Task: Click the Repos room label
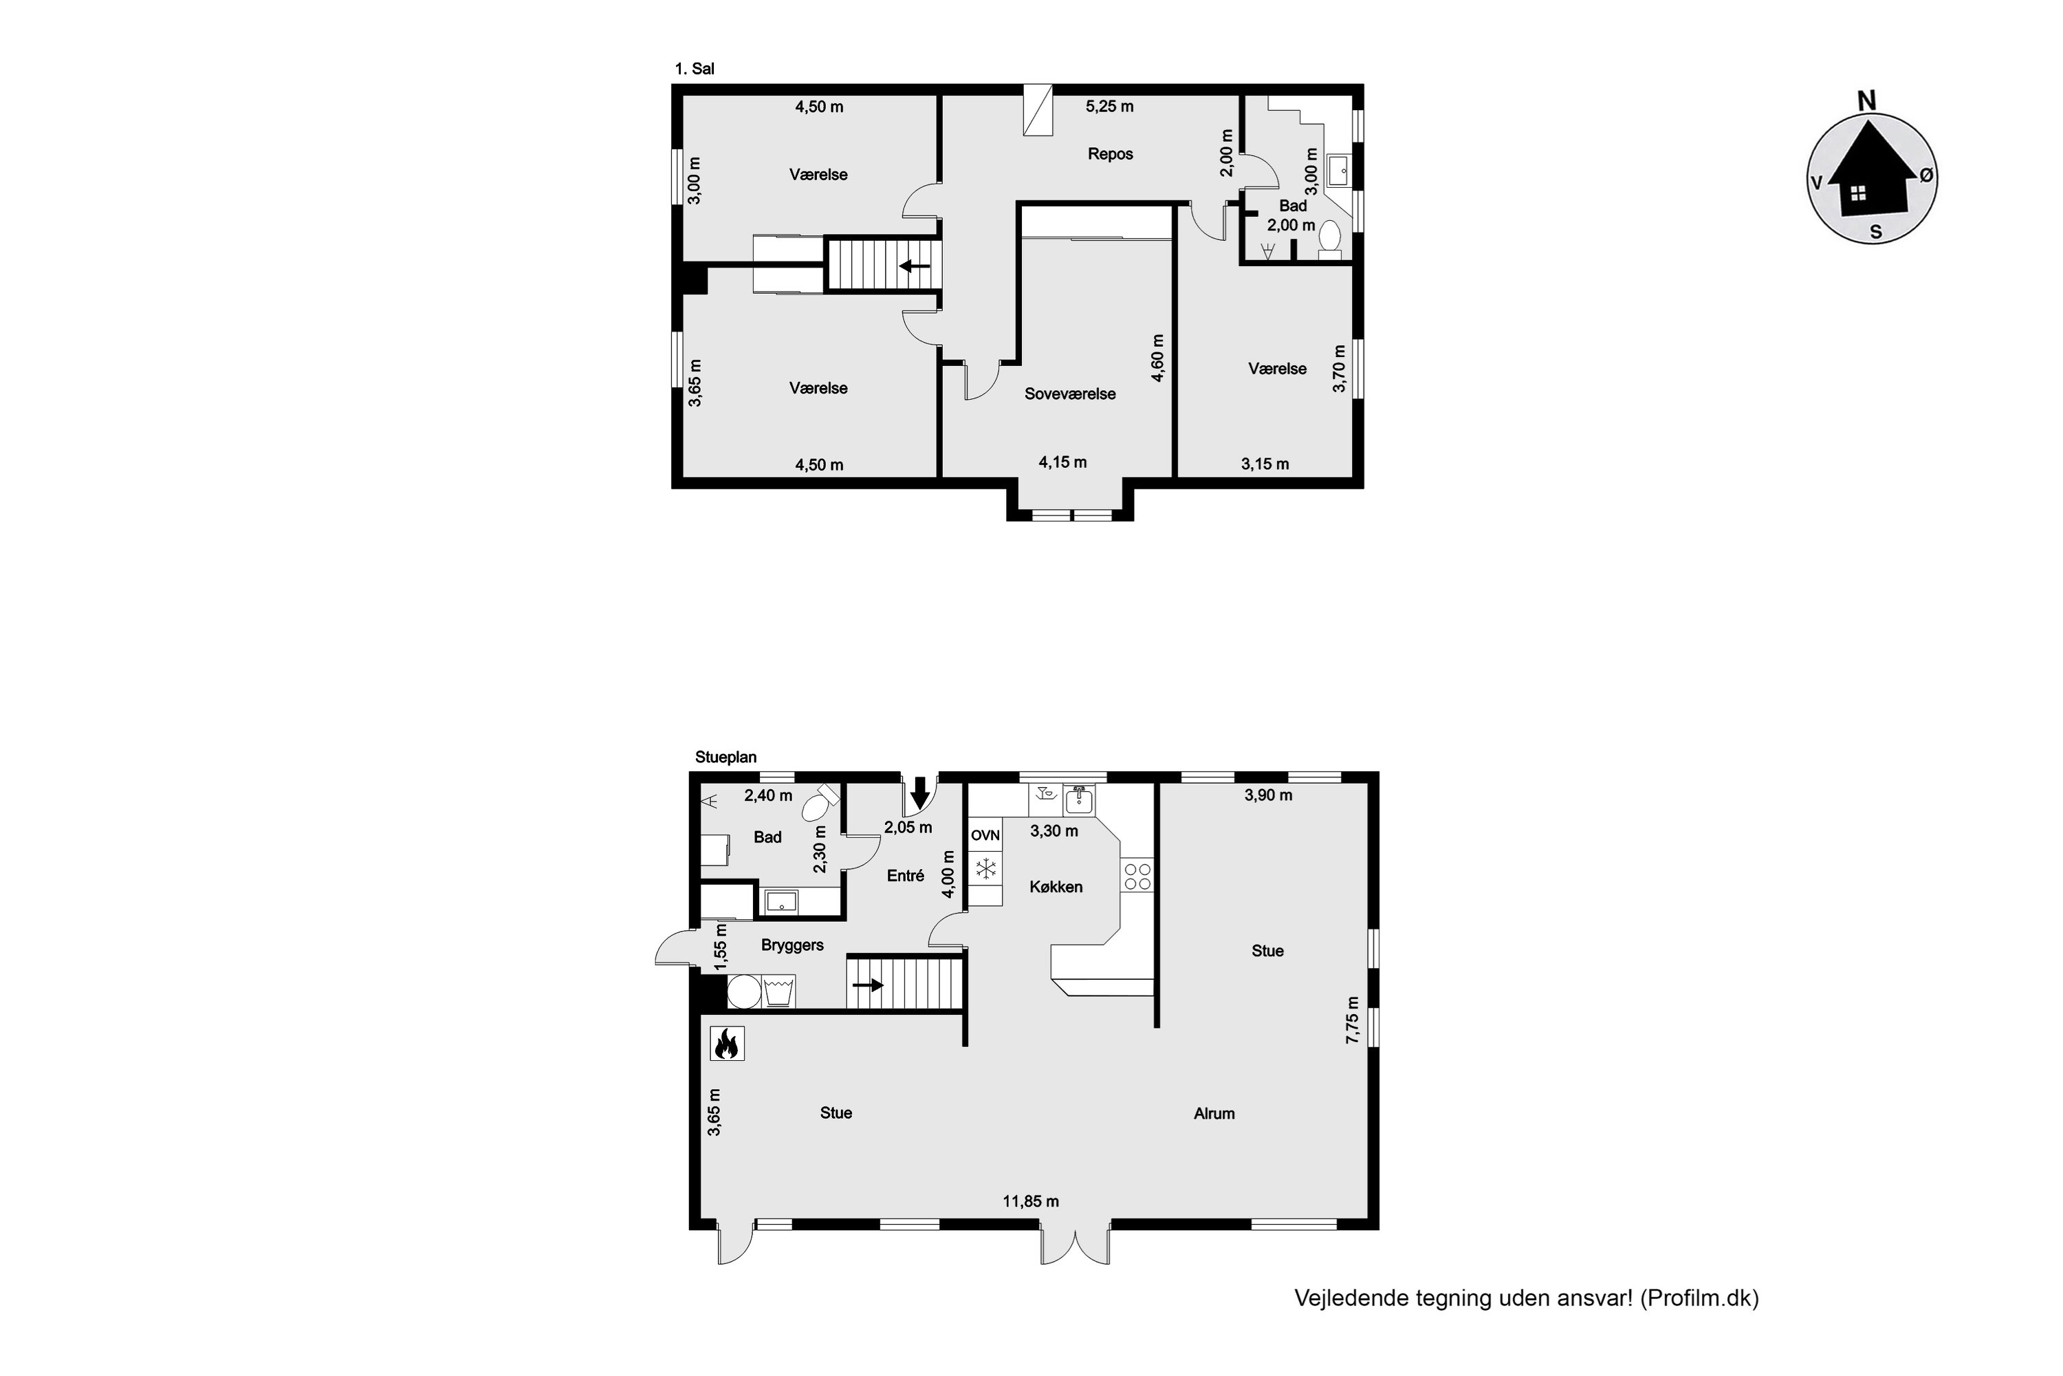pyautogui.click(x=1110, y=154)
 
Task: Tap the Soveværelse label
pyautogui.click(x=1069, y=394)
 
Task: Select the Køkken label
pyautogui.click(x=1055, y=888)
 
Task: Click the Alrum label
pyautogui.click(x=1213, y=1114)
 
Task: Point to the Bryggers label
pyautogui.click(x=792, y=945)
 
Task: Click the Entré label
pyautogui.click(x=905, y=876)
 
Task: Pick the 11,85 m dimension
pyautogui.click(x=1031, y=1201)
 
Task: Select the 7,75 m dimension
pyautogui.click(x=1353, y=1020)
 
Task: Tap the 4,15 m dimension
pyautogui.click(x=1062, y=462)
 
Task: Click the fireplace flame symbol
pyautogui.click(x=726, y=1044)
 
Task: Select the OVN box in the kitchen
pyautogui.click(x=985, y=835)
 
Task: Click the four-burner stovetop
pyautogui.click(x=1137, y=877)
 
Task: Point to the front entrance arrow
pyautogui.click(x=919, y=792)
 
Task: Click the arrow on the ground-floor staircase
pyautogui.click(x=867, y=985)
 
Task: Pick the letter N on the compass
pyautogui.click(x=1866, y=102)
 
